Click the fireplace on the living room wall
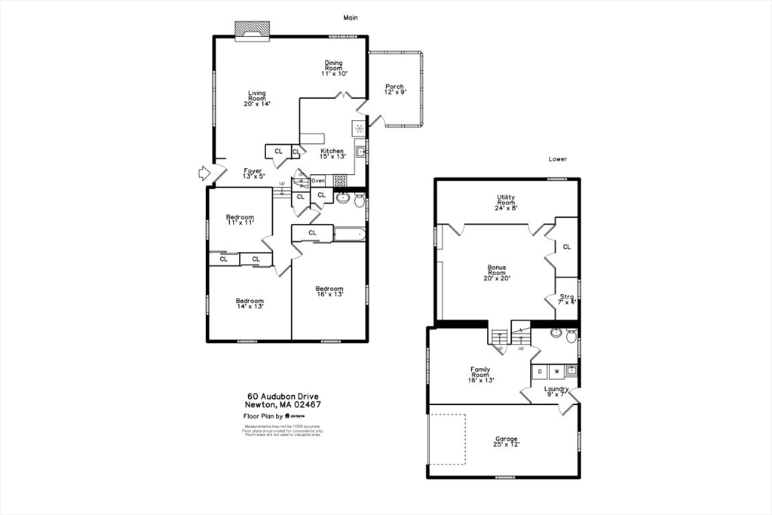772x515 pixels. [252, 29]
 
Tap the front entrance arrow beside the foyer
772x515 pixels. [204, 173]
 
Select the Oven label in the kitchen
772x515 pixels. [318, 181]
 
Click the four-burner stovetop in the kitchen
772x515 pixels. [340, 181]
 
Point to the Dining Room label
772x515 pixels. [333, 68]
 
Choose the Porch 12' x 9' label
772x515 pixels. [394, 89]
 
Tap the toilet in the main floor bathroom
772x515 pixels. [360, 200]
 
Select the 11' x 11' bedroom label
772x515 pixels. [240, 220]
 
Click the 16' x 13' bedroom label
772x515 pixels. [329, 291]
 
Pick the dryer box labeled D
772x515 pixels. [541, 371]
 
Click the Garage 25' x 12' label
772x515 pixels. [507, 441]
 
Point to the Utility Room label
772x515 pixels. [506, 202]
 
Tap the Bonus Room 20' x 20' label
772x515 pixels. [497, 272]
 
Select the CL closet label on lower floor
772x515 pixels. [566, 247]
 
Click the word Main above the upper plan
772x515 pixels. [350, 17]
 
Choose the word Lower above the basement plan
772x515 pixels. [558, 159]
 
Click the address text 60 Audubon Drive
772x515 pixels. [283, 396]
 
